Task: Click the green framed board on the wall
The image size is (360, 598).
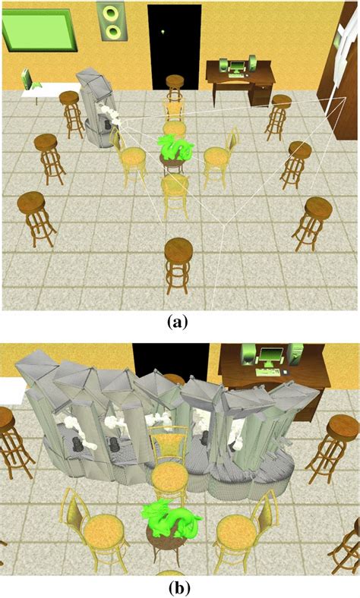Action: (36, 29)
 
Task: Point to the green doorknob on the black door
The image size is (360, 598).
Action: (163, 31)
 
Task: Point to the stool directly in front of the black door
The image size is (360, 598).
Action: (175, 85)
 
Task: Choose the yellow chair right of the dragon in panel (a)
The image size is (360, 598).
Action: (217, 158)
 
